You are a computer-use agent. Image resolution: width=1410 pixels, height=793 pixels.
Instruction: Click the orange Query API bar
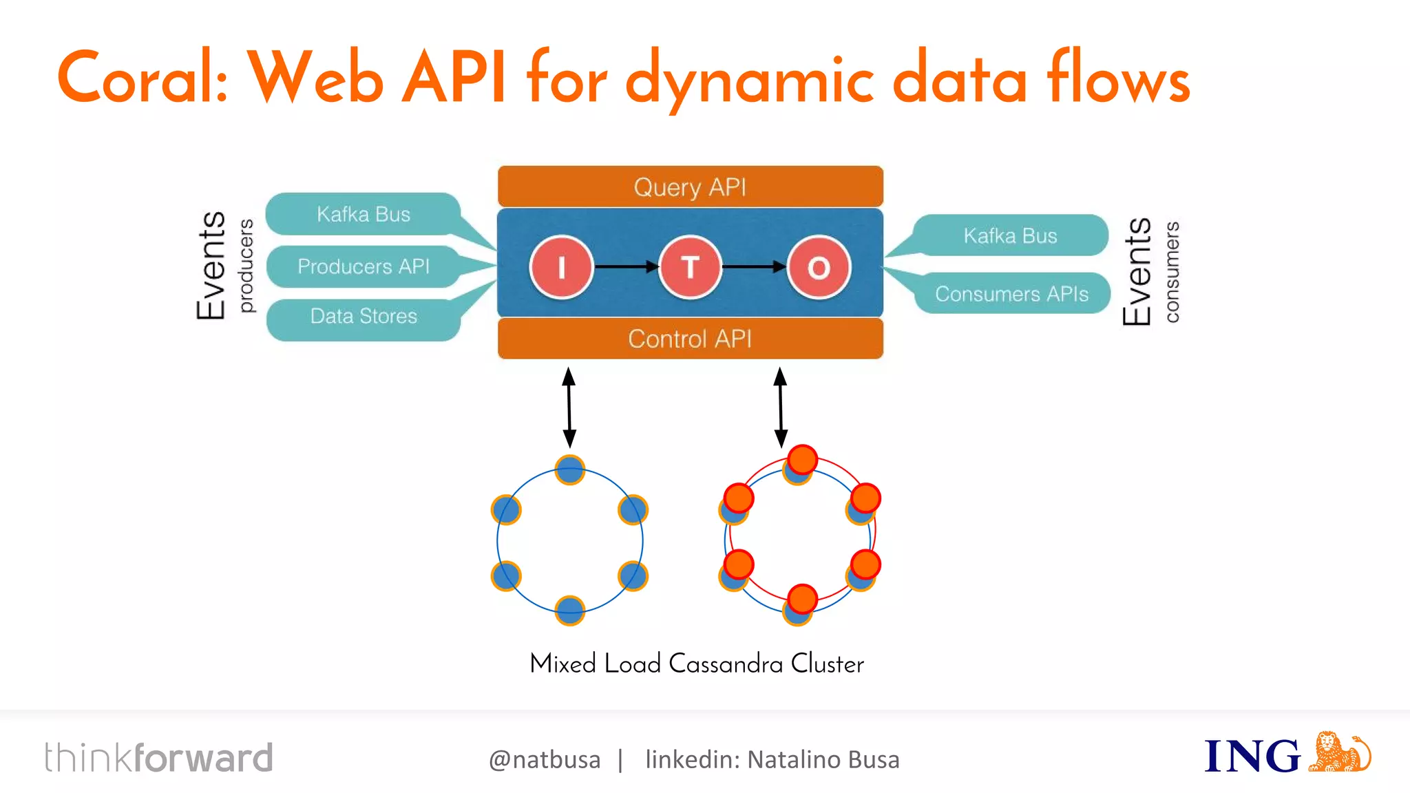(x=690, y=187)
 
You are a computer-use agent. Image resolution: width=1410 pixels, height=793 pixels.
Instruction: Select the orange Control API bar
(x=690, y=339)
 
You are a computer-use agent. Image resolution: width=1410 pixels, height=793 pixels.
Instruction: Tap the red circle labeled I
(x=561, y=267)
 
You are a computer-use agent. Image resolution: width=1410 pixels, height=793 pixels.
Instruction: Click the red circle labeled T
(x=690, y=267)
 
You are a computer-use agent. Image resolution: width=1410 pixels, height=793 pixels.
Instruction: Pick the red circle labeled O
(x=819, y=267)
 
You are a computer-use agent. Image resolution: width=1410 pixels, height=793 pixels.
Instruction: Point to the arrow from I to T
(x=626, y=266)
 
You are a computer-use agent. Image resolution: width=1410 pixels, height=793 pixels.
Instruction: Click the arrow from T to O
(x=754, y=266)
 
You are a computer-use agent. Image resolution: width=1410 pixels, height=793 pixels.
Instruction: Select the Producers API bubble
(x=363, y=266)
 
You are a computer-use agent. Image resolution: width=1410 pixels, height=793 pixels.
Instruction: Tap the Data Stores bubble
(x=363, y=317)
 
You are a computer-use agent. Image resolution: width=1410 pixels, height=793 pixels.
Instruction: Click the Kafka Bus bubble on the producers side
(x=363, y=214)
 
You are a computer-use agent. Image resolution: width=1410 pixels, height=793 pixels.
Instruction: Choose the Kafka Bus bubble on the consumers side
(x=1010, y=235)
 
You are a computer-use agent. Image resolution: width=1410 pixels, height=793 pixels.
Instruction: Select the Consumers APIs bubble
(x=1011, y=294)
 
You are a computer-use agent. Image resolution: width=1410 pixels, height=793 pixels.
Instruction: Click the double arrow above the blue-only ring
(x=569, y=408)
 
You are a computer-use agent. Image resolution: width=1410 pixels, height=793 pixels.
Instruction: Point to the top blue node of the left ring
(x=569, y=471)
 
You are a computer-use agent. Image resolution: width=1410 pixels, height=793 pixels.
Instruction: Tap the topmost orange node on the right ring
(x=802, y=459)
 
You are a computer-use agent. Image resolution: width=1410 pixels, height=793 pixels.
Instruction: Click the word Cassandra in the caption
(x=726, y=664)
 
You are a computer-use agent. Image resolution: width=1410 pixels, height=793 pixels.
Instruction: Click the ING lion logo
(x=1338, y=752)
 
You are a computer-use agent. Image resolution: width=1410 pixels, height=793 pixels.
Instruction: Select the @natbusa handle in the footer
(x=545, y=759)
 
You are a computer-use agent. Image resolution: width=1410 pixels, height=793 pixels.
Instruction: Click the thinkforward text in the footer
(x=158, y=758)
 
